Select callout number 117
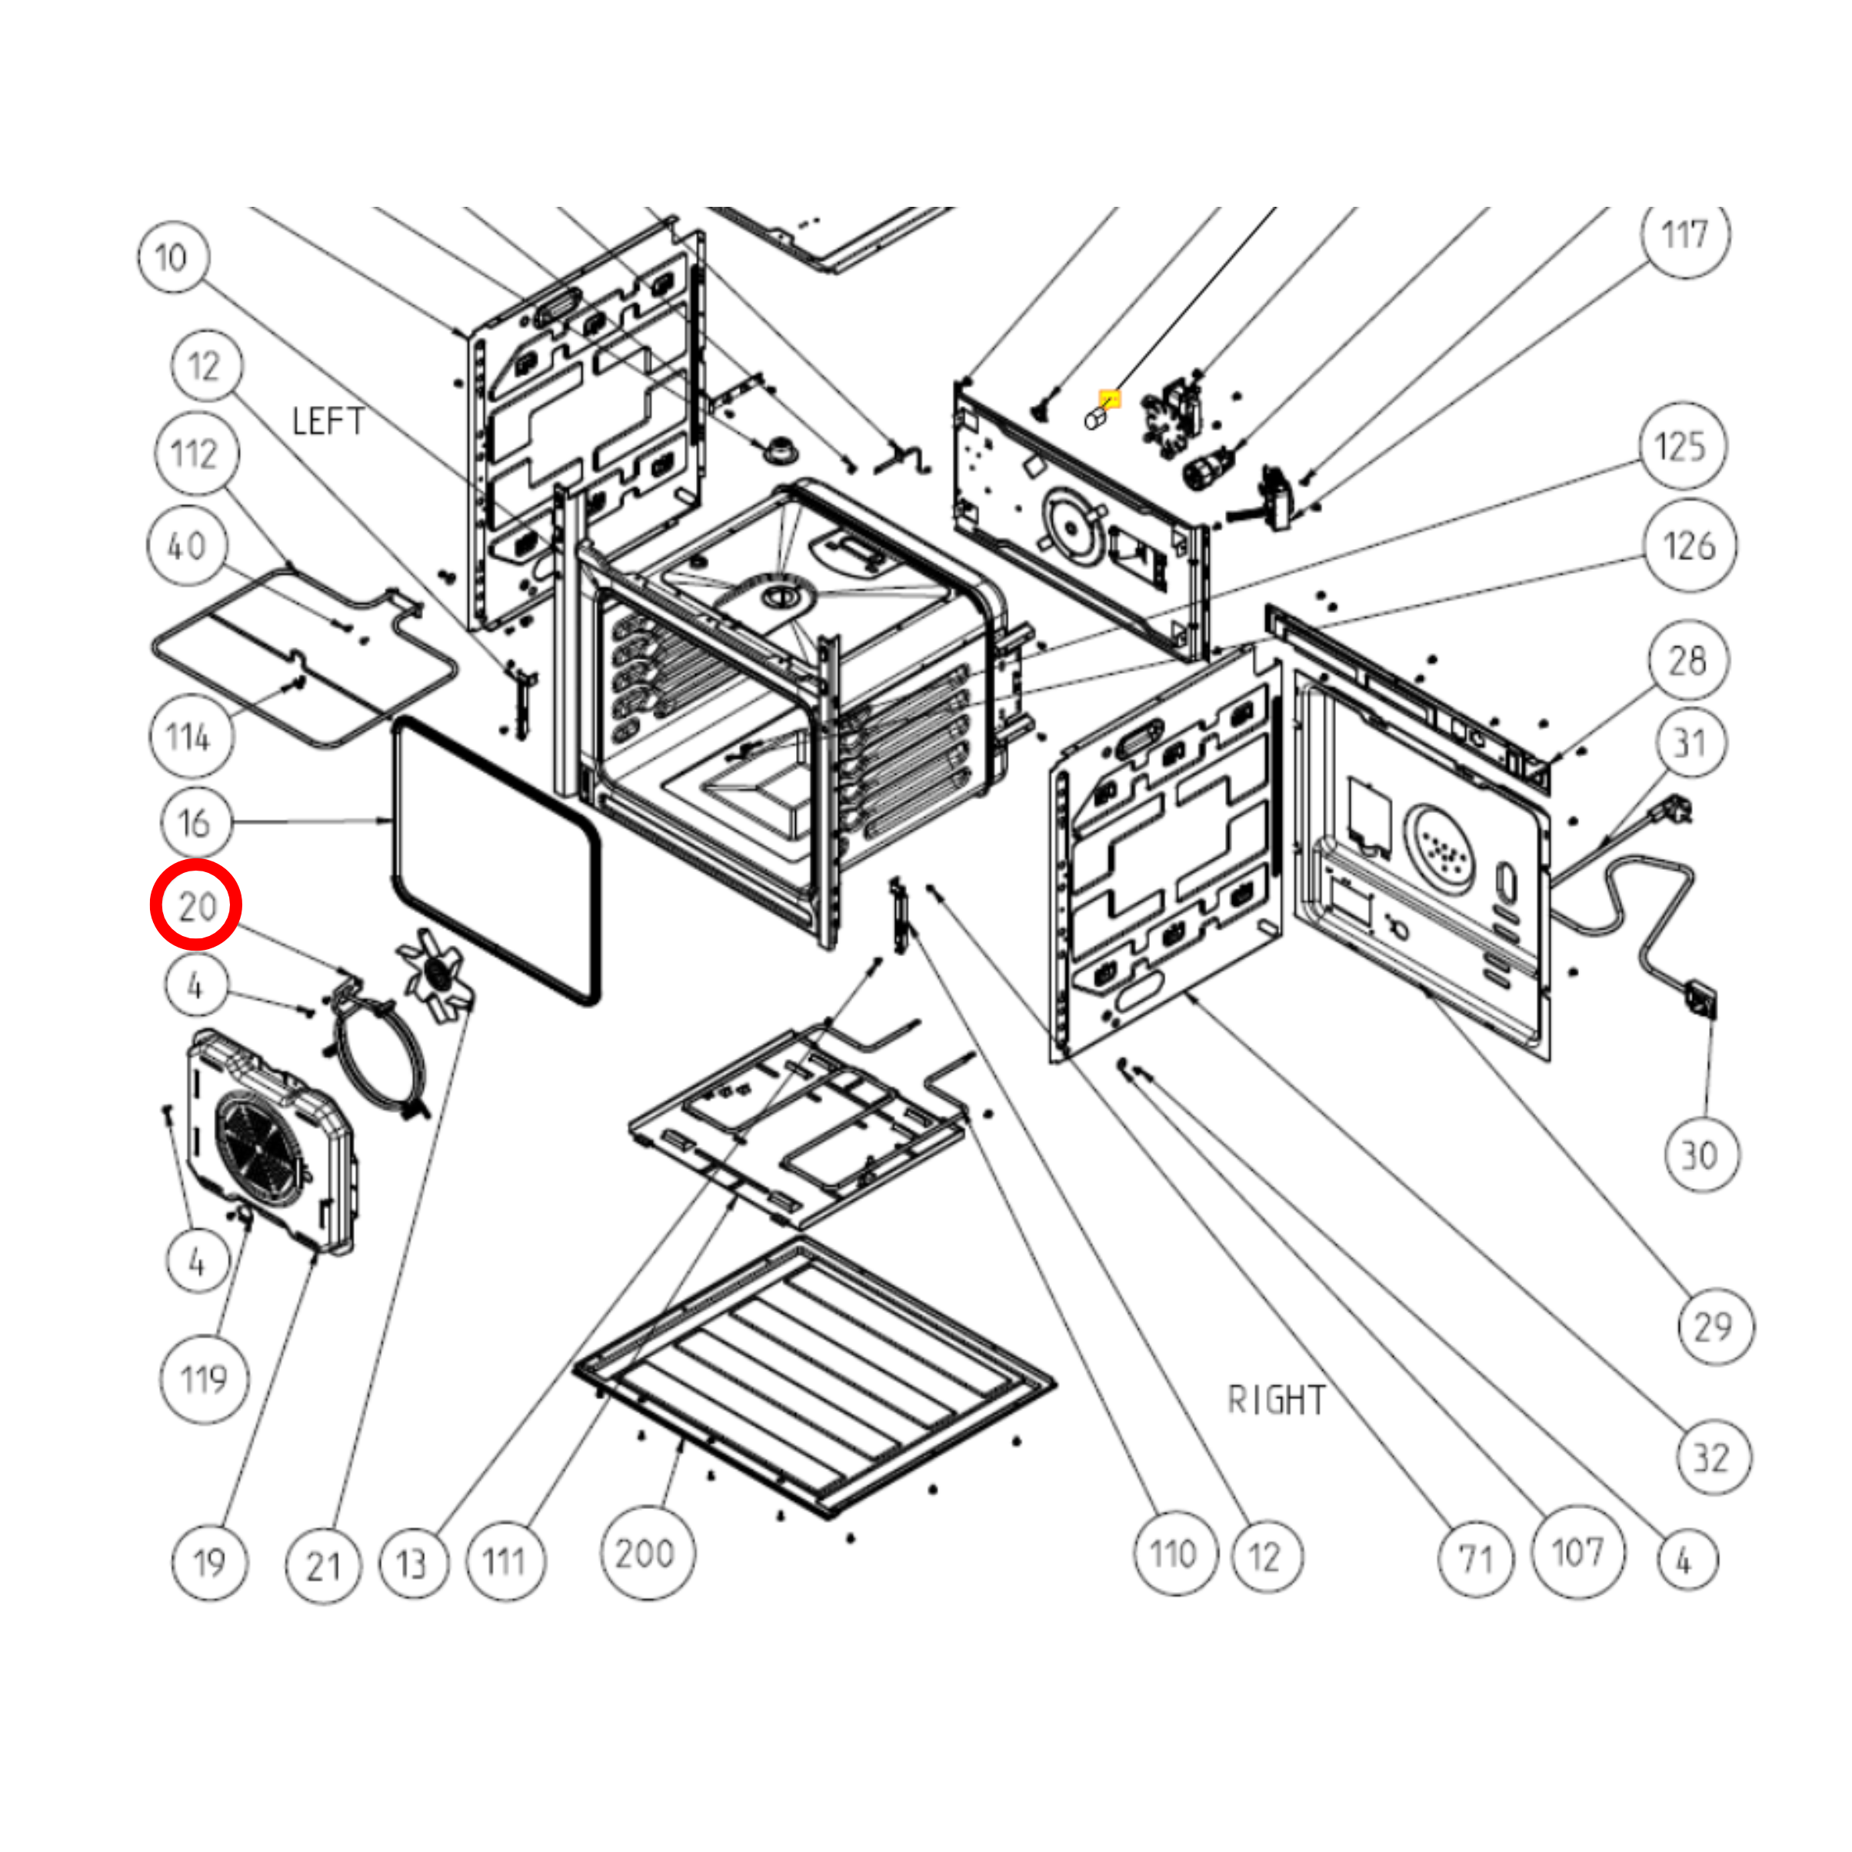1684,235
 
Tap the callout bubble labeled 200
646,1553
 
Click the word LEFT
328,421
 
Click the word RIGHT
1277,1401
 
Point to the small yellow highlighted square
1109,398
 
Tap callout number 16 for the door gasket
195,822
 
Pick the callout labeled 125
1680,447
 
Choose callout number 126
1689,545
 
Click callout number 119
203,1380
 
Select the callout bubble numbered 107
1577,1553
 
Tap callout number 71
1475,1560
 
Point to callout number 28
1688,661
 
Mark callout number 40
188,546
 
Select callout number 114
190,736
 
